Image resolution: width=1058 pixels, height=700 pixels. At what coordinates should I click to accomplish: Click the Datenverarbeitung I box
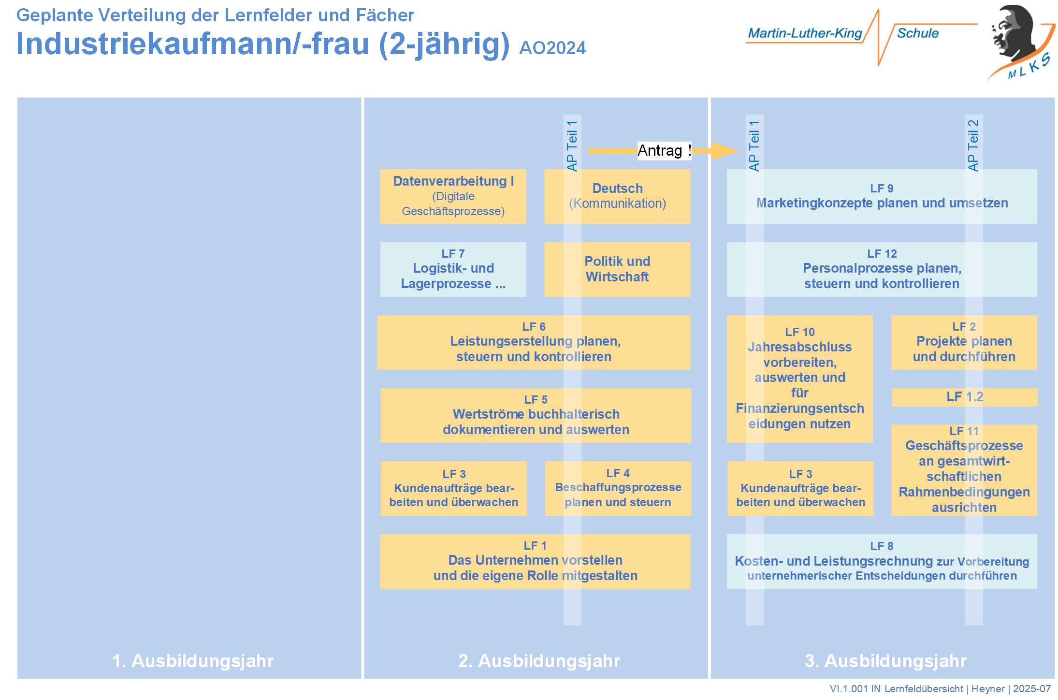point(453,196)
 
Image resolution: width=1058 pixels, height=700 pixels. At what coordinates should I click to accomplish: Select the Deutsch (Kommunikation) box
point(617,196)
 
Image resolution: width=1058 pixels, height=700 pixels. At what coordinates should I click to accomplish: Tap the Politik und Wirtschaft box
point(617,269)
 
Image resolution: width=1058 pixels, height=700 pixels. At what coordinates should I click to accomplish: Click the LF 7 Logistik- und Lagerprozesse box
point(453,269)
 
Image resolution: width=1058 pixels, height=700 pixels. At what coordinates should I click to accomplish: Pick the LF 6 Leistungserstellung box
point(534,342)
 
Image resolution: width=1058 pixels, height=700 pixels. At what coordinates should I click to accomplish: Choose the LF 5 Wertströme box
point(536,415)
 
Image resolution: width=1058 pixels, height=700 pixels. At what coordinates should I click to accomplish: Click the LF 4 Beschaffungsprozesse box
point(618,488)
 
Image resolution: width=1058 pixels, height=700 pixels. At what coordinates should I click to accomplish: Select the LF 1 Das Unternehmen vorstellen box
point(535,561)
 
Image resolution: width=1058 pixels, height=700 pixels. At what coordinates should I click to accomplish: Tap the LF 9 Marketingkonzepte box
point(882,196)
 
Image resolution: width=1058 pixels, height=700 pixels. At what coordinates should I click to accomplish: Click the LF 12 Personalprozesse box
point(882,269)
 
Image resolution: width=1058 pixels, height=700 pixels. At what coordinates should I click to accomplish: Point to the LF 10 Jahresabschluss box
point(799,379)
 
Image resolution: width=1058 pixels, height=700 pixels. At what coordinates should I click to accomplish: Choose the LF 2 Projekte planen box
point(964,342)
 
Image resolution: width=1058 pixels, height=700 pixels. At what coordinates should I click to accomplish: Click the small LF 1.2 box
point(964,397)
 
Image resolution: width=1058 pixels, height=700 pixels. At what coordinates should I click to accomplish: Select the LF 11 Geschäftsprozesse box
point(964,470)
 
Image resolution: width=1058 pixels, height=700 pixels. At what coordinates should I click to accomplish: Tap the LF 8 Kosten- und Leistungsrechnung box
point(882,561)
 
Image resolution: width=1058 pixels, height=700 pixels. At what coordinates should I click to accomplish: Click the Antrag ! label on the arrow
point(664,150)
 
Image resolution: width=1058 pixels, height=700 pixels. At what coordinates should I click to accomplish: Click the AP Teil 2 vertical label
point(973,145)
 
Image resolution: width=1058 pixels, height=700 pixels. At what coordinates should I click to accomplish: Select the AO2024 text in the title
point(552,48)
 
